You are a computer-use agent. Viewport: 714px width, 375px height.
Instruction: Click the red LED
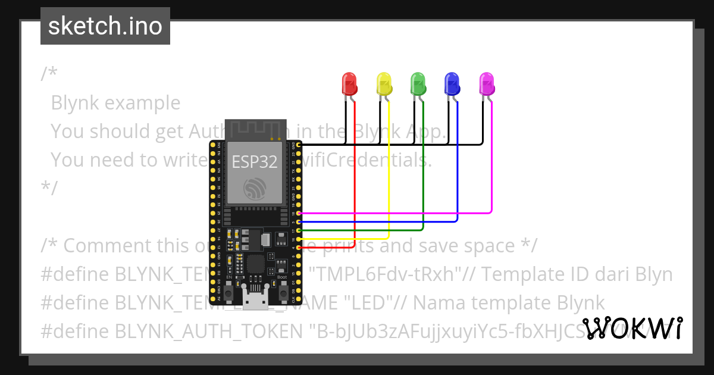point(349,84)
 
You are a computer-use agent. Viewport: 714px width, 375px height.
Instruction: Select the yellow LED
point(384,84)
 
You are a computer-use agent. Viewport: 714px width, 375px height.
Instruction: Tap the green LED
point(418,84)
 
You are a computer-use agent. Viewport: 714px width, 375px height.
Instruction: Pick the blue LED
point(453,84)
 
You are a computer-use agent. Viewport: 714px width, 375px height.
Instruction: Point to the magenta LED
point(487,84)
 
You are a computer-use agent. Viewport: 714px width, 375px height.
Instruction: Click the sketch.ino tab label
point(105,26)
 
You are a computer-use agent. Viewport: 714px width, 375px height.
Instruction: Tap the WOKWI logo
point(632,329)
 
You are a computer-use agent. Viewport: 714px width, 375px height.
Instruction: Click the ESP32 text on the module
point(255,161)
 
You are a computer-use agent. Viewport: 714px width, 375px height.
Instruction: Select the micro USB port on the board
point(254,301)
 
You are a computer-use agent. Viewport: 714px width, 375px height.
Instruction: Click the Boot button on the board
point(282,292)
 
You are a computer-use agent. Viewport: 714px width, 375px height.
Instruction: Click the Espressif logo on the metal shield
point(255,189)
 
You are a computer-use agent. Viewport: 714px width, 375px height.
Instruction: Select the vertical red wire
point(355,179)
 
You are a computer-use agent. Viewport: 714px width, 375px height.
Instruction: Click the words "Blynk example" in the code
point(115,103)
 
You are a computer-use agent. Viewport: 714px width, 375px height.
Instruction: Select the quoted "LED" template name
point(372,302)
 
